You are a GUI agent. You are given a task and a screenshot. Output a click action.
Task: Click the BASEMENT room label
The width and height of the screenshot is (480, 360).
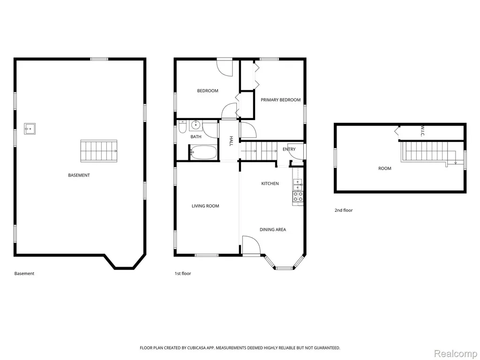(79, 175)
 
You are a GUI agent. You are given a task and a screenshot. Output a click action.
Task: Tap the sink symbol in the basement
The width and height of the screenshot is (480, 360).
(30, 129)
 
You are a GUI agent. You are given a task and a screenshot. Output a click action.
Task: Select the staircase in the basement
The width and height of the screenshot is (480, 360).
(99, 151)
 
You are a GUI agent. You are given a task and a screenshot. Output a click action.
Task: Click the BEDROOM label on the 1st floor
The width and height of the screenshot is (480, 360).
(208, 90)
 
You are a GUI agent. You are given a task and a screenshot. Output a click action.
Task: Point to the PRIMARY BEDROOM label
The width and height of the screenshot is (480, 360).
(280, 100)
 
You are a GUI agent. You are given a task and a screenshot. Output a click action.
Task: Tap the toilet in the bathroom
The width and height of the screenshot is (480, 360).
(182, 127)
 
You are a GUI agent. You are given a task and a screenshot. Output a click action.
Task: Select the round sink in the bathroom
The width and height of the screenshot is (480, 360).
(195, 125)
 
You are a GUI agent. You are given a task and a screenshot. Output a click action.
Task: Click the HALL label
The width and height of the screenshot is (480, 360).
(231, 141)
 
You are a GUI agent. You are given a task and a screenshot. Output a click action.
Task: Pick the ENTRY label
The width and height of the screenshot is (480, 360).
(289, 149)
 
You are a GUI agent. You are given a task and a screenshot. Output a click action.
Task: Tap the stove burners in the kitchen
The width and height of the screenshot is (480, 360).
(298, 196)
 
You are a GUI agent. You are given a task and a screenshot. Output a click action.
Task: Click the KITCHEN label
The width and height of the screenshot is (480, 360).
(270, 183)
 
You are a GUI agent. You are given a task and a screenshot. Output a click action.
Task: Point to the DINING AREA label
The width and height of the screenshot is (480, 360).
(273, 229)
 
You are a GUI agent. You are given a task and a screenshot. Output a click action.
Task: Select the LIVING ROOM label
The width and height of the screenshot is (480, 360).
(205, 206)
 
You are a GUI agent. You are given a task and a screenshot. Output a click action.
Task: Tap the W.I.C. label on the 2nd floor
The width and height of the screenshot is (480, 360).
(422, 131)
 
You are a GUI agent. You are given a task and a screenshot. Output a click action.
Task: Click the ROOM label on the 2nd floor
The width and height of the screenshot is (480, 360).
(385, 168)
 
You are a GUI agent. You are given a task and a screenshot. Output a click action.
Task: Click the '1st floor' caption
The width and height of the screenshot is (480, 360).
(183, 273)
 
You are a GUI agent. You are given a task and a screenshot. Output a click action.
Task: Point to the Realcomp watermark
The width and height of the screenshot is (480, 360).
(456, 354)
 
